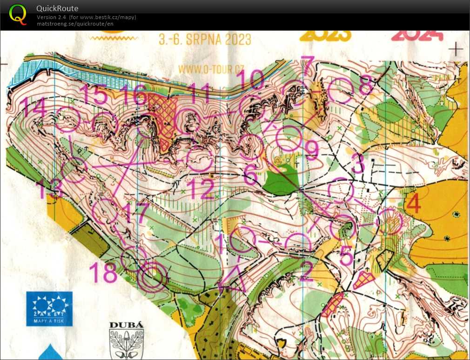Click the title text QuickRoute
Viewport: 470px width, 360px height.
[x=57, y=8]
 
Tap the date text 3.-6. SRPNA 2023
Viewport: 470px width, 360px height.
[x=205, y=40]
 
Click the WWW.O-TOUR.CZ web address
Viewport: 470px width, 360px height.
[x=211, y=68]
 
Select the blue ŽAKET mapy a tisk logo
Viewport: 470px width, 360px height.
[x=49, y=308]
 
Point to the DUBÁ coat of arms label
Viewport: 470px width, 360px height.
[x=126, y=326]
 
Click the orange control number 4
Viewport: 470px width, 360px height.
[x=413, y=203]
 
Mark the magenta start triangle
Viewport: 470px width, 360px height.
[x=233, y=278]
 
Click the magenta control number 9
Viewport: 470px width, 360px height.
[x=312, y=149]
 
